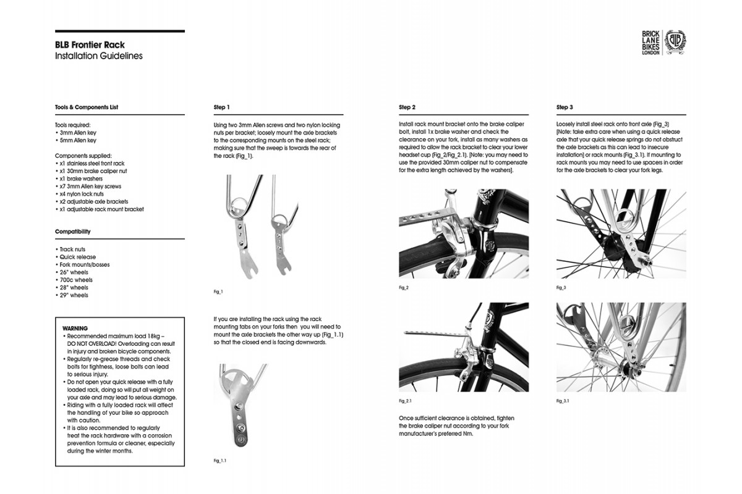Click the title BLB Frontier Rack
pos(90,45)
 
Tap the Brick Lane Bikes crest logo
pos(675,43)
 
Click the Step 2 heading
pos(407,107)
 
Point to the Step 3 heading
pos(565,107)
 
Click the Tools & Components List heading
pos(87,107)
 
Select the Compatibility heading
pos(73,232)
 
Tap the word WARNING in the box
pos(75,328)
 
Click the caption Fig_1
pos(217,291)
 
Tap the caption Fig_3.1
pos(563,401)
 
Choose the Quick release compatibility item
pos(77,257)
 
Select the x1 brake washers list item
pos(84,178)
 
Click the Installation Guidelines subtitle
pos(99,56)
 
